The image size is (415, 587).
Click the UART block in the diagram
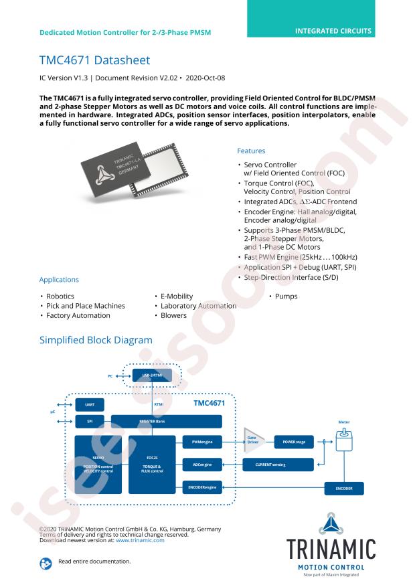click(x=90, y=405)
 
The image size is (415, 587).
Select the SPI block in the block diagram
click(x=90, y=421)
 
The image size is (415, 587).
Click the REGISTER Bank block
click(x=166, y=421)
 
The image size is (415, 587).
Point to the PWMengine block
click(x=201, y=442)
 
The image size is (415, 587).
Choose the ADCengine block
click(x=201, y=463)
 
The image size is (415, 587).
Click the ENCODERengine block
click(x=201, y=487)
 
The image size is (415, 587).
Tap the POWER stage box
click(x=293, y=442)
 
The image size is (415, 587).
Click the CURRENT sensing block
click(x=280, y=463)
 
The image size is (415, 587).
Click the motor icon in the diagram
click(x=343, y=438)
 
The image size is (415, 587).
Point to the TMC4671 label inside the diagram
click(x=209, y=403)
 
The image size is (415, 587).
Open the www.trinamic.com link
click(x=140, y=540)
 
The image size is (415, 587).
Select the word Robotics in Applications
click(x=60, y=296)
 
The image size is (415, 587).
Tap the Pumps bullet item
click(x=286, y=296)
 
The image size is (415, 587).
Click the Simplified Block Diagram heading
click(x=96, y=340)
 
